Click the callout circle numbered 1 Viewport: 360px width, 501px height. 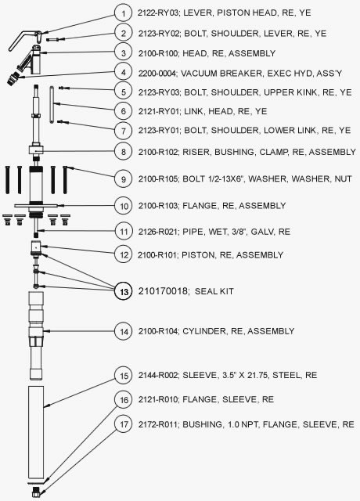[x=124, y=13]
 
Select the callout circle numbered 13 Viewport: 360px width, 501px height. [x=124, y=291]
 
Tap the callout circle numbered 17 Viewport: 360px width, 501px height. [x=124, y=424]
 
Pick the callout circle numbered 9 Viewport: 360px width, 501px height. [x=124, y=179]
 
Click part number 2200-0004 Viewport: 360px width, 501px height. [x=157, y=74]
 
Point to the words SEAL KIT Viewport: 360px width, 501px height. [x=214, y=291]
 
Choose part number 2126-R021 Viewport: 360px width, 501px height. [x=157, y=232]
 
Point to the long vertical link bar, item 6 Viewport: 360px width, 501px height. [x=52, y=104]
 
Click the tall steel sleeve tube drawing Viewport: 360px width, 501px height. [x=36, y=432]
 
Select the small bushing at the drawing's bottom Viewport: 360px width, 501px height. [x=36, y=492]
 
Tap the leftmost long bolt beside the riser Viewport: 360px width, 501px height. [x=7, y=180]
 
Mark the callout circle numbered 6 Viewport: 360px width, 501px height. [x=124, y=111]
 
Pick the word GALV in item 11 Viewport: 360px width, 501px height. [x=262, y=232]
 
